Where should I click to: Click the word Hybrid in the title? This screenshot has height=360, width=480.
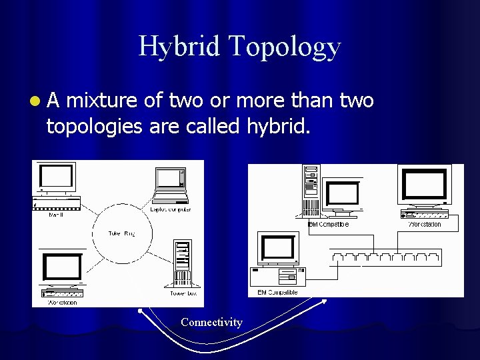[179, 47]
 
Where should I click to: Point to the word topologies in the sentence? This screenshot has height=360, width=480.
[94, 126]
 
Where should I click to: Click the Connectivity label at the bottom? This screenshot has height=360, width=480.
[211, 323]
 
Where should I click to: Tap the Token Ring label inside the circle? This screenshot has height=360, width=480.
[121, 233]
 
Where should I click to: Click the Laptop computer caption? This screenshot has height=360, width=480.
[171, 209]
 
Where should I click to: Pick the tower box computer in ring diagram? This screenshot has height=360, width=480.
[181, 263]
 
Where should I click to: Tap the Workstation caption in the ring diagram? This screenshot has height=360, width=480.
[63, 303]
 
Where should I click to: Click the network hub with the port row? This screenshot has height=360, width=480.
[385, 256]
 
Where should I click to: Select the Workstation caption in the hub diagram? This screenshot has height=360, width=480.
[425, 225]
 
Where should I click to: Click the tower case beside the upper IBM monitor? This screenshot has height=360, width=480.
[311, 191]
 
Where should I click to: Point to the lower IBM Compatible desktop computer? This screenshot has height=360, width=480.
[279, 260]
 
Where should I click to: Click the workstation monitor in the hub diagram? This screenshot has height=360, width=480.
[424, 187]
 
